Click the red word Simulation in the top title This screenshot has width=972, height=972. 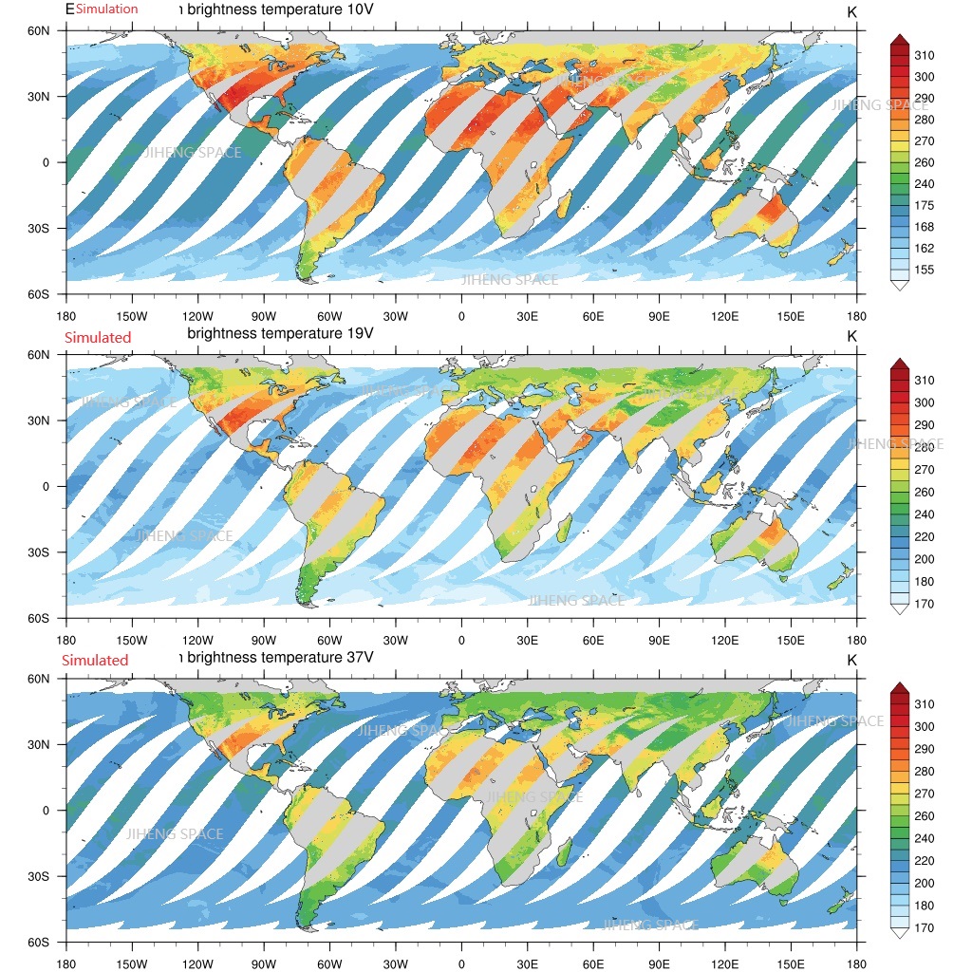[106, 9]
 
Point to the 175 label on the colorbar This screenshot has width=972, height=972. [924, 206]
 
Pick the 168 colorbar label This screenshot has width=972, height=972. [924, 228]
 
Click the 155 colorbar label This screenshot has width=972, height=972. [924, 271]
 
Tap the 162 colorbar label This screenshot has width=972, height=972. [924, 249]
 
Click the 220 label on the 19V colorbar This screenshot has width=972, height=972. [924, 536]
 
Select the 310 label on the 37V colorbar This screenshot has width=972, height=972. [924, 704]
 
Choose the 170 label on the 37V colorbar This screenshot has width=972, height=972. [924, 928]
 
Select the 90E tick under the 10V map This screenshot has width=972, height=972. [660, 316]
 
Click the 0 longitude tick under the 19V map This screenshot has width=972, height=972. [461, 641]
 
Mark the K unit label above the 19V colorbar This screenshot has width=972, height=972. [851, 336]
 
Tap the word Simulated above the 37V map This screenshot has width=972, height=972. [95, 661]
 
